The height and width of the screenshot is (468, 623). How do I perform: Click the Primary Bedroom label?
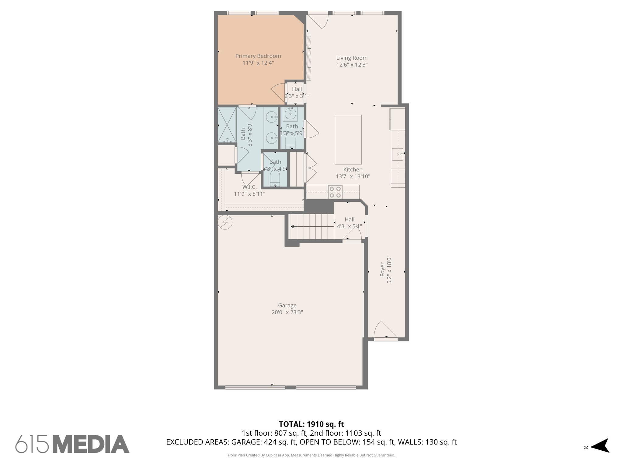pyautogui.click(x=258, y=56)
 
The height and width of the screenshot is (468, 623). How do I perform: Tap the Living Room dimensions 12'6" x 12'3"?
pyautogui.click(x=352, y=65)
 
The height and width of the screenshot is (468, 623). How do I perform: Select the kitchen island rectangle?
pyautogui.click(x=348, y=140)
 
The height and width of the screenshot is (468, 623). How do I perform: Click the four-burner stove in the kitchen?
pyautogui.click(x=335, y=192)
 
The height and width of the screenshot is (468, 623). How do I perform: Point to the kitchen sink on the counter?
pyautogui.click(x=398, y=154)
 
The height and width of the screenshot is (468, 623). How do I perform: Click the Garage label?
pyautogui.click(x=287, y=305)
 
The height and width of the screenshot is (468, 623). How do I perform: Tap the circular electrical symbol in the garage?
pyautogui.click(x=225, y=222)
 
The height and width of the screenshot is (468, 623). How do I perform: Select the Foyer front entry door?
pyautogui.click(x=384, y=330)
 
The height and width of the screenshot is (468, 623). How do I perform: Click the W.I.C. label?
pyautogui.click(x=249, y=187)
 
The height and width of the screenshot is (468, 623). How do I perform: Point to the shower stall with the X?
pyautogui.click(x=227, y=125)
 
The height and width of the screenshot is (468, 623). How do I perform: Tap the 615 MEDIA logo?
pyautogui.click(x=72, y=444)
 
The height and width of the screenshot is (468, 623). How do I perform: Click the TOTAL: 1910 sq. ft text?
pyautogui.click(x=311, y=424)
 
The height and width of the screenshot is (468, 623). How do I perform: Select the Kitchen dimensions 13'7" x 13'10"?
pyautogui.click(x=353, y=176)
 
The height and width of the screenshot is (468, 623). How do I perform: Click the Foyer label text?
pyautogui.click(x=383, y=270)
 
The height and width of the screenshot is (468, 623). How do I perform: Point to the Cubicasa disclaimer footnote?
pyautogui.click(x=311, y=455)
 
